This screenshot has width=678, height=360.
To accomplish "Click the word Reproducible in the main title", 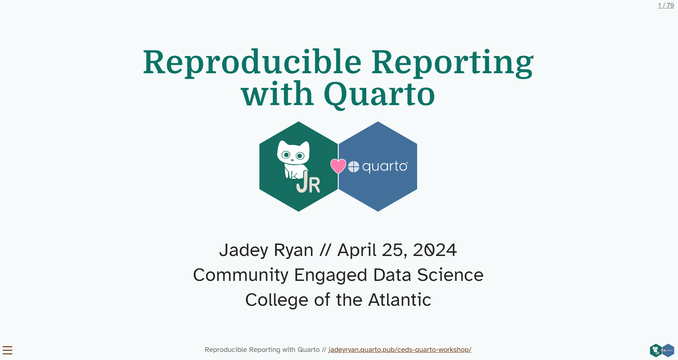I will tap(252, 62).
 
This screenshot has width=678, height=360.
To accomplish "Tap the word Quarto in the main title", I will tap(379, 94).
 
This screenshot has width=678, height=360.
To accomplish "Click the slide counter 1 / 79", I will tap(666, 5).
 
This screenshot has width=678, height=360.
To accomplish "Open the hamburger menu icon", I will tap(7, 350).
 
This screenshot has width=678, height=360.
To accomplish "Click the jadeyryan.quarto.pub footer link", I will tap(399, 350).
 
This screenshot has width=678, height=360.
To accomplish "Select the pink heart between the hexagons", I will tap(338, 166).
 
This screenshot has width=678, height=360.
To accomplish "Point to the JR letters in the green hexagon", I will tap(308, 183).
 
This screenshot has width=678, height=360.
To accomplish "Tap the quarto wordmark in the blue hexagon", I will tap(384, 167).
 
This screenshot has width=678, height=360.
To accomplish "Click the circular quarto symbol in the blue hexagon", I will tap(354, 167).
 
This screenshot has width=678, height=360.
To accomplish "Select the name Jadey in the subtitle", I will tap(244, 250).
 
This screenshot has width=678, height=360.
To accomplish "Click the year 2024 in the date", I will tap(435, 250).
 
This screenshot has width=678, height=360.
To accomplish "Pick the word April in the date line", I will tap(357, 250).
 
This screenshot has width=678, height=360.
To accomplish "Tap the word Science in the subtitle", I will tap(450, 275).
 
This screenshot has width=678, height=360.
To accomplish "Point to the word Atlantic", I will tap(399, 300).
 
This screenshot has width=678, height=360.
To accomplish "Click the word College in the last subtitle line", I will tap(277, 300).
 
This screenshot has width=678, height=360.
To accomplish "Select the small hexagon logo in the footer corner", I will tap(662, 350).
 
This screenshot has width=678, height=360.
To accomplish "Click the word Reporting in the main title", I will tap(452, 62).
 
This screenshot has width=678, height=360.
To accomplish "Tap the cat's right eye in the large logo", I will tap(300, 156).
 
